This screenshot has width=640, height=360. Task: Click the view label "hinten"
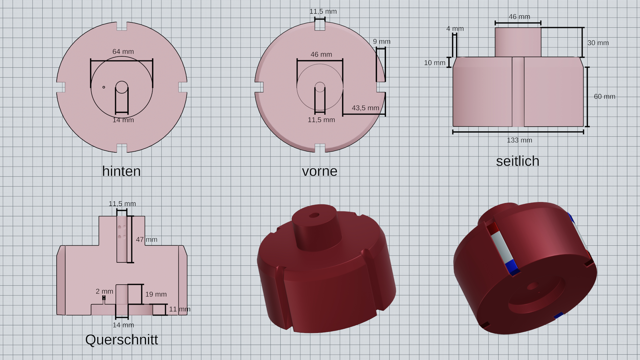[x=121, y=171]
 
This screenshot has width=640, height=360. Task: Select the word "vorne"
[x=320, y=171]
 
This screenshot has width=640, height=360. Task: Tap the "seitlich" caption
[x=518, y=161]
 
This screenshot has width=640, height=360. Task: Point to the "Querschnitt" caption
[x=122, y=340]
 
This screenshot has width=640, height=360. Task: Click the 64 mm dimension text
[x=123, y=52]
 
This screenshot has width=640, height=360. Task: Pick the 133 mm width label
[x=519, y=140]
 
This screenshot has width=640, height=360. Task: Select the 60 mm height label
[x=605, y=96]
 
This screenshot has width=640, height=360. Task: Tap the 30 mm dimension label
[x=598, y=43]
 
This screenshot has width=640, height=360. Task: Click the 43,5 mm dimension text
[x=365, y=108]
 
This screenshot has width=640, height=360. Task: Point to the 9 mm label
[x=382, y=42]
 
